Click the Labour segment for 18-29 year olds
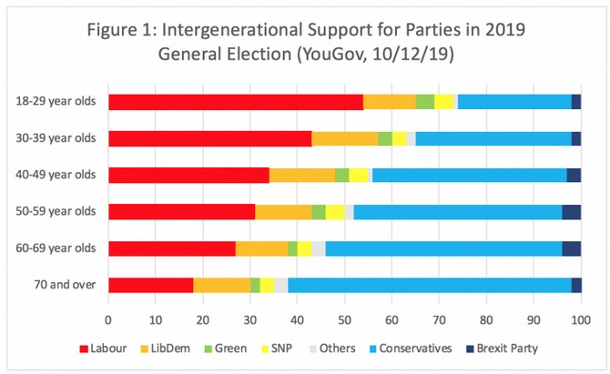click(x=235, y=102)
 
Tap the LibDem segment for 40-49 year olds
click(x=302, y=176)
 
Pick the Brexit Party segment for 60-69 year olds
click(x=571, y=248)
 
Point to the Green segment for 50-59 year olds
click(x=319, y=212)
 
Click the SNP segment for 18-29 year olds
click(x=444, y=102)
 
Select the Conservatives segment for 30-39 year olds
click(x=493, y=138)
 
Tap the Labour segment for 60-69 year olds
click(x=172, y=248)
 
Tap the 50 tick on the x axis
click(x=344, y=319)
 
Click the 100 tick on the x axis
click(x=581, y=319)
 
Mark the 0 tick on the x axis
click(x=108, y=319)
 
